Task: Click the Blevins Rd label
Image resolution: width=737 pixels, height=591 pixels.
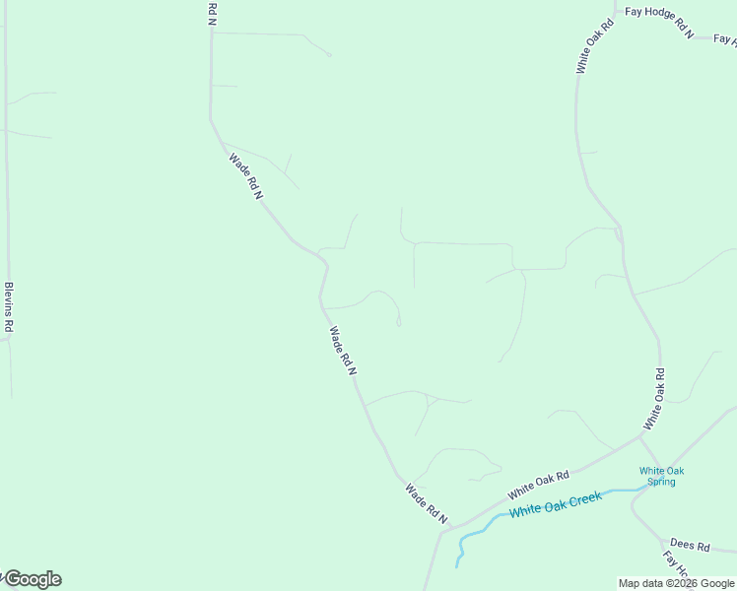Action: pyautogui.click(x=9, y=306)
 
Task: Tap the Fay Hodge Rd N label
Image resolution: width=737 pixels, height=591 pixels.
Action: pyautogui.click(x=659, y=23)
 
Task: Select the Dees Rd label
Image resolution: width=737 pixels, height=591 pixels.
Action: pyautogui.click(x=690, y=545)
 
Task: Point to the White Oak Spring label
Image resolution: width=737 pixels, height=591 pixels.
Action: pyautogui.click(x=661, y=476)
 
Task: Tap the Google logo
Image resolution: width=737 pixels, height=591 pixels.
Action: pyautogui.click(x=32, y=579)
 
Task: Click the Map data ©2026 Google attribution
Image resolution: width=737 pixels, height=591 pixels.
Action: pyautogui.click(x=677, y=583)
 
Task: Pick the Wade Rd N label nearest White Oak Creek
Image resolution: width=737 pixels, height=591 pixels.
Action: pyautogui.click(x=426, y=503)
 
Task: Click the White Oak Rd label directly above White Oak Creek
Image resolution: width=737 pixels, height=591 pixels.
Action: pyautogui.click(x=539, y=484)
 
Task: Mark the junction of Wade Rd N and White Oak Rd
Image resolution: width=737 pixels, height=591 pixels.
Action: pyautogui.click(x=448, y=530)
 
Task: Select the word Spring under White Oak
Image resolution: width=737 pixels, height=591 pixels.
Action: pyautogui.click(x=661, y=482)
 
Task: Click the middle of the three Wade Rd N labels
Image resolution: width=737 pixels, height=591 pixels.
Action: pyautogui.click(x=342, y=350)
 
